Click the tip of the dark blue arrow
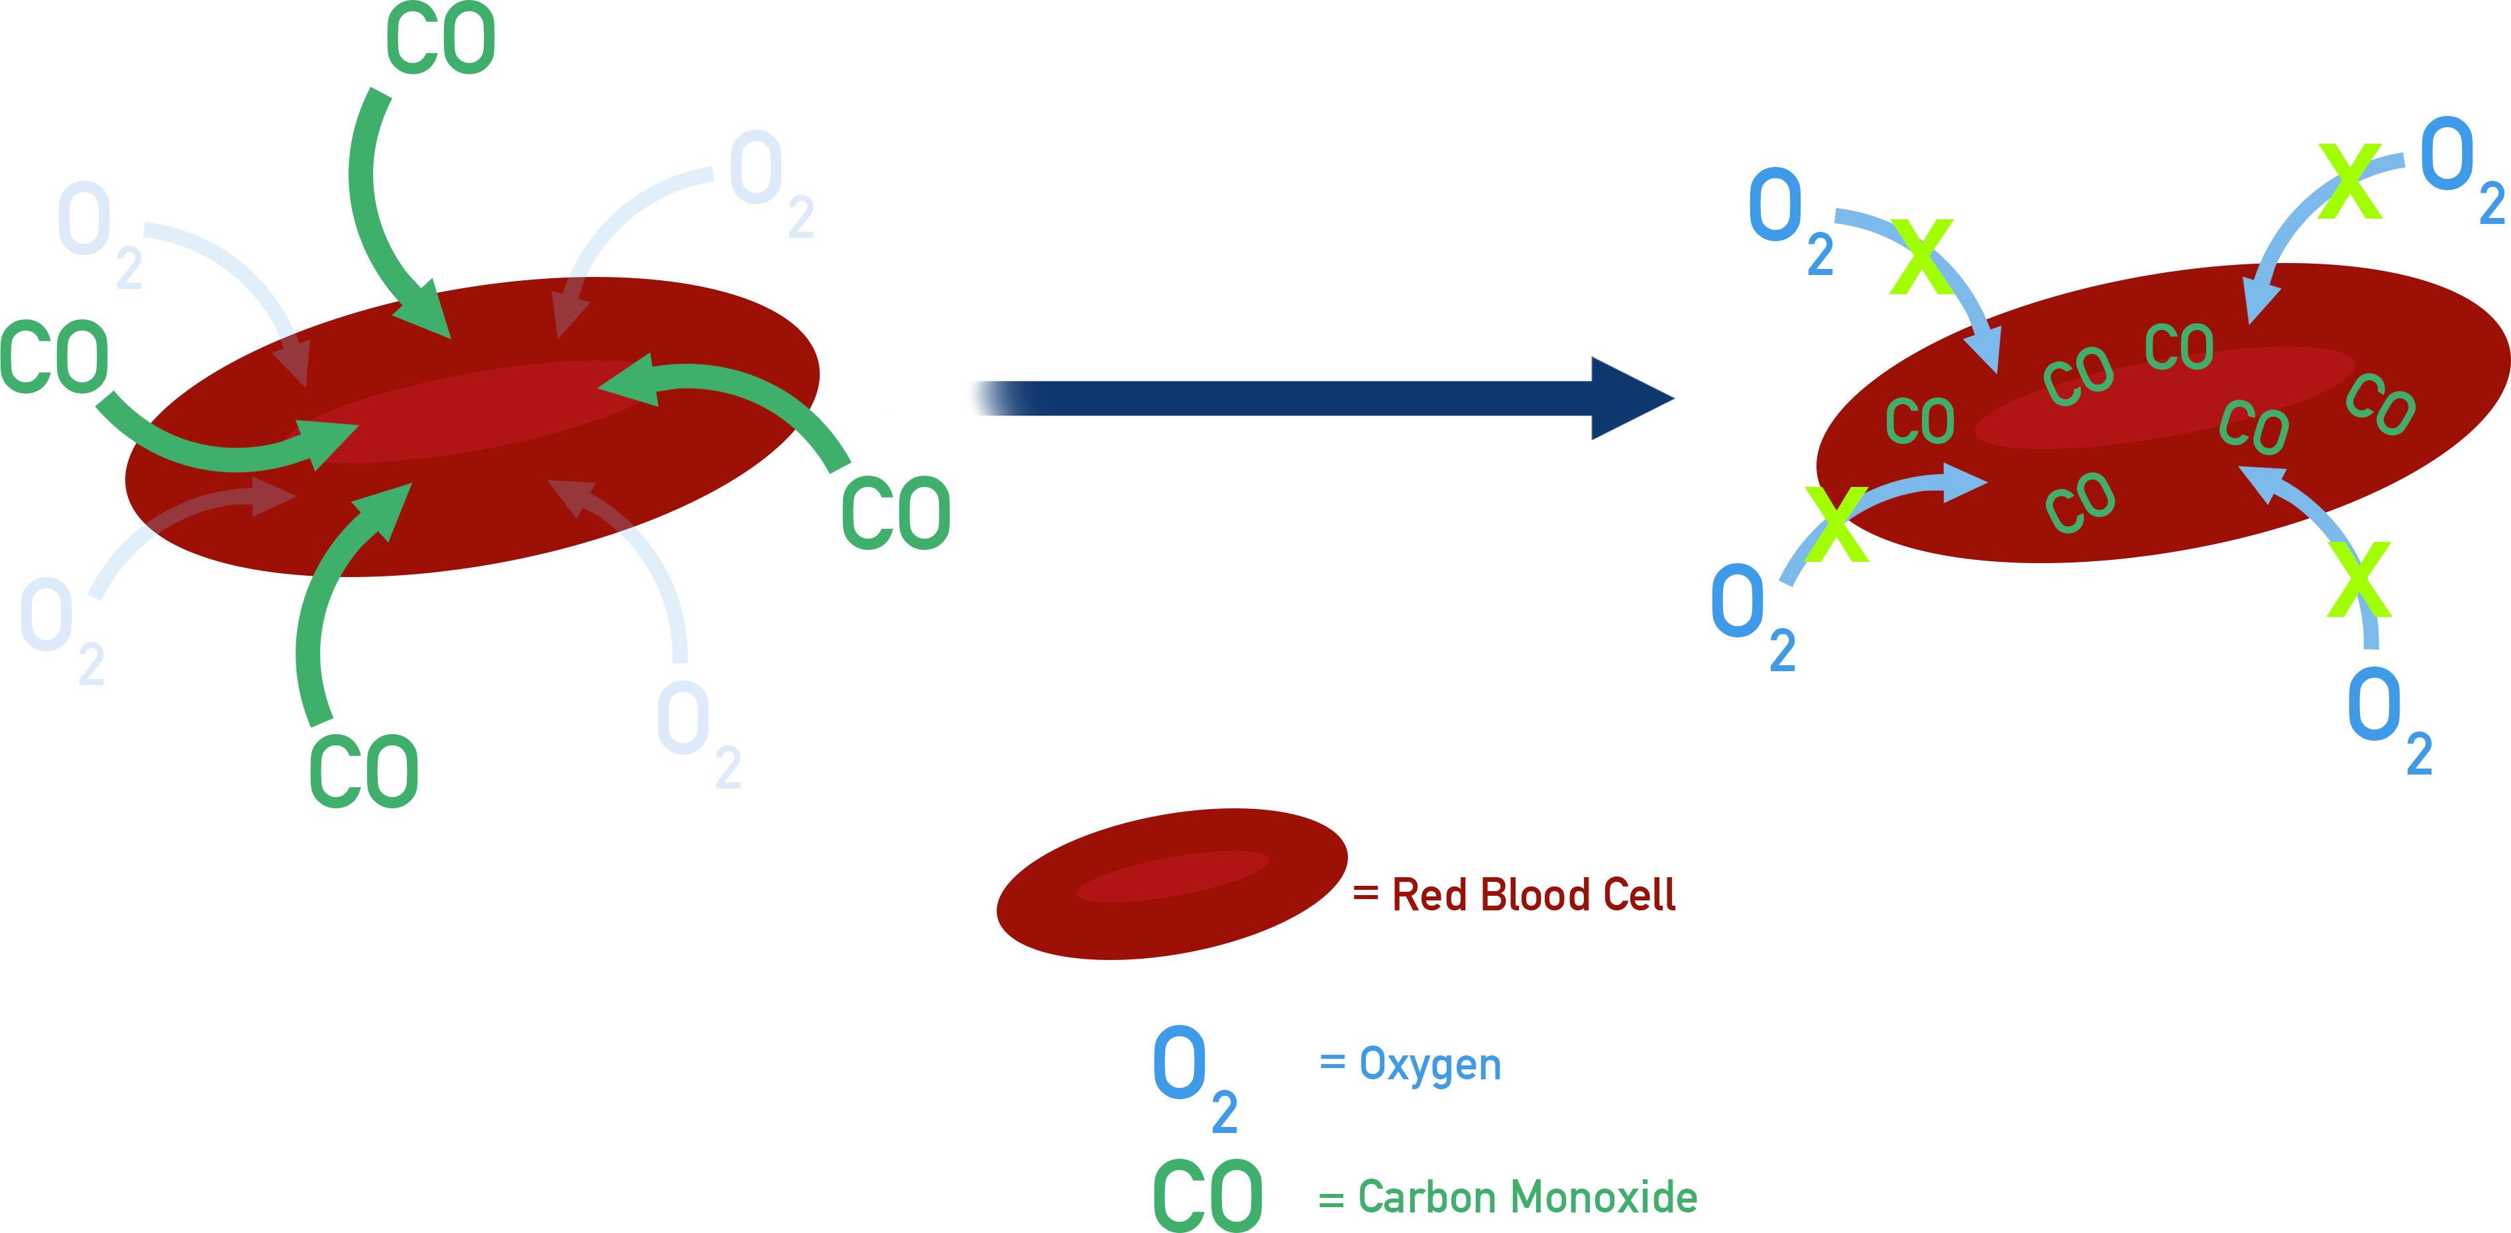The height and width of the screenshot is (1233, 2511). (x=1669, y=398)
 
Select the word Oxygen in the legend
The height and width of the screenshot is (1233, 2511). (x=1430, y=1064)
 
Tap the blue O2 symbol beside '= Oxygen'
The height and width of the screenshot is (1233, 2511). (x=1193, y=1077)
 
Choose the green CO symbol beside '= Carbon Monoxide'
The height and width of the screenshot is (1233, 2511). (x=1207, y=1196)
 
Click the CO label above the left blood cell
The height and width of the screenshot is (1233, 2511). (x=441, y=39)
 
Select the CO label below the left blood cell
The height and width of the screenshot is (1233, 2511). (x=364, y=771)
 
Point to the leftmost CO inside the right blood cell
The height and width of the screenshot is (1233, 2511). (x=1919, y=421)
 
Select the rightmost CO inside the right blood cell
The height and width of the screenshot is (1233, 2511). (x=2379, y=403)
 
